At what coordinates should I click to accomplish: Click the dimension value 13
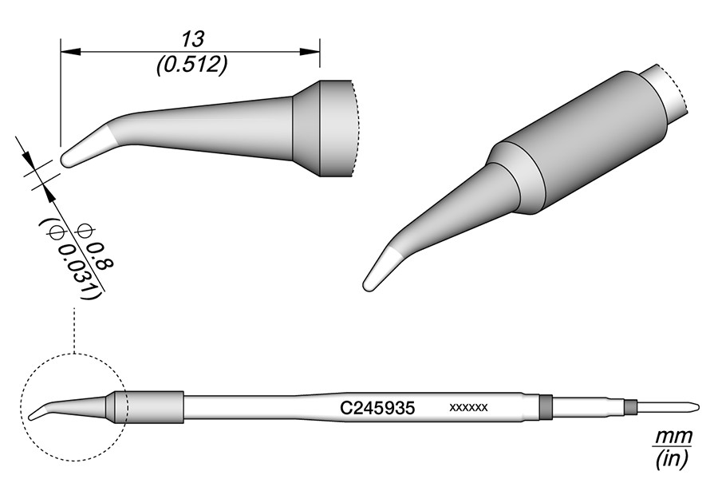[x=192, y=39]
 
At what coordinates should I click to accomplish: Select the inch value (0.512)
[x=191, y=66]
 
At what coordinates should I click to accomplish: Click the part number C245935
[x=377, y=407]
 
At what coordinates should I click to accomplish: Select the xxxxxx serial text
[x=468, y=407]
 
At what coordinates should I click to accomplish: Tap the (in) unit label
[x=672, y=459]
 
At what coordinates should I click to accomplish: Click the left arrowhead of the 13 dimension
[x=70, y=51]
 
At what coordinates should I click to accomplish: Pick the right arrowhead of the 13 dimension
[x=310, y=51]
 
